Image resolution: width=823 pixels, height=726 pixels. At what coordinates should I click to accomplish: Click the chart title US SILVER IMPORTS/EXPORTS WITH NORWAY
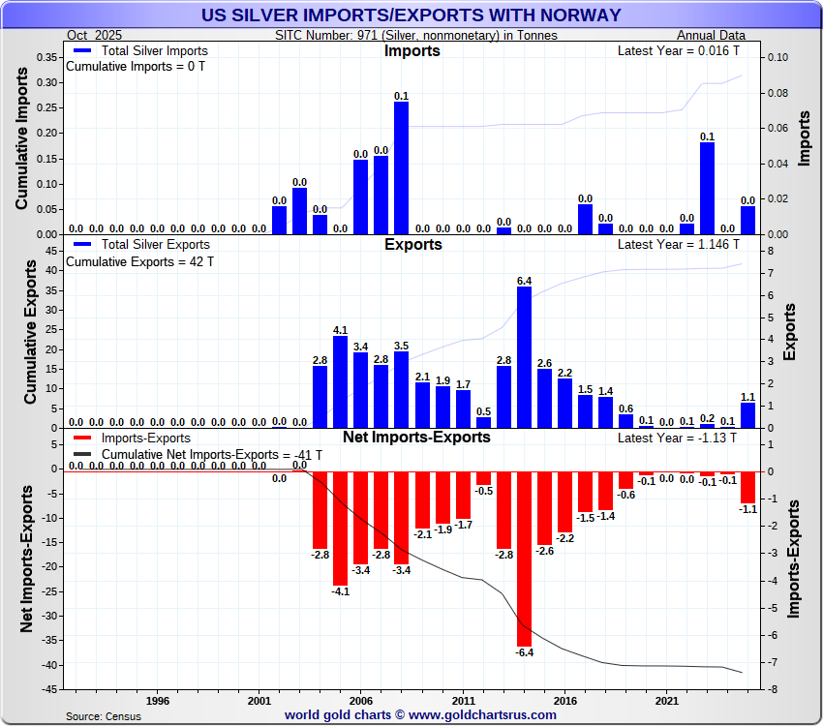click(x=411, y=15)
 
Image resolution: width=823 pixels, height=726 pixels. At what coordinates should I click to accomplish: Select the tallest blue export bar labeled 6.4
click(x=524, y=357)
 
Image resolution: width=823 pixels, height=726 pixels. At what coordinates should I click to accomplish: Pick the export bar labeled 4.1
click(x=340, y=381)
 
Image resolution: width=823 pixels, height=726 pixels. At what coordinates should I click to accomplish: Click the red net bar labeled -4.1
click(x=340, y=529)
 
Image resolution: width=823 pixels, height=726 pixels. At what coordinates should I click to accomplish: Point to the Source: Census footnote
click(x=104, y=716)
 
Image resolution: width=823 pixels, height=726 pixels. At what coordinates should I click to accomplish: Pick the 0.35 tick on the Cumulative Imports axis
click(x=45, y=58)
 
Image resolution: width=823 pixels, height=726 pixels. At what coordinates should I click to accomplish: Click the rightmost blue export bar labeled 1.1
click(x=747, y=415)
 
